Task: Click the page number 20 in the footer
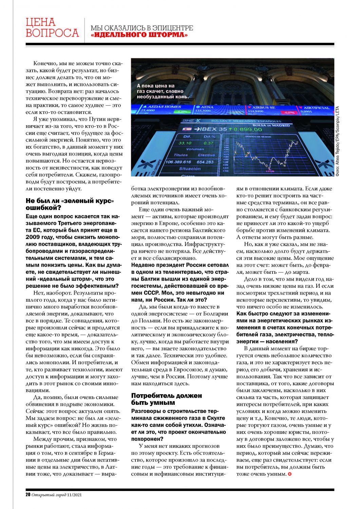28,494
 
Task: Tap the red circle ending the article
289,474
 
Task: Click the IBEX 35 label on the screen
213,129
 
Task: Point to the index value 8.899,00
248,129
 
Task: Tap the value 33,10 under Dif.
185,143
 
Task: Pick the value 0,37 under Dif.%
208,143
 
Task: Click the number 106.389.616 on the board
178,162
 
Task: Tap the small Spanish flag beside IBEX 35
187,129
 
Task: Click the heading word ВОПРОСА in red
52,33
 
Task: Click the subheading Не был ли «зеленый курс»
70,201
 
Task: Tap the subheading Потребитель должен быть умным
166,399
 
